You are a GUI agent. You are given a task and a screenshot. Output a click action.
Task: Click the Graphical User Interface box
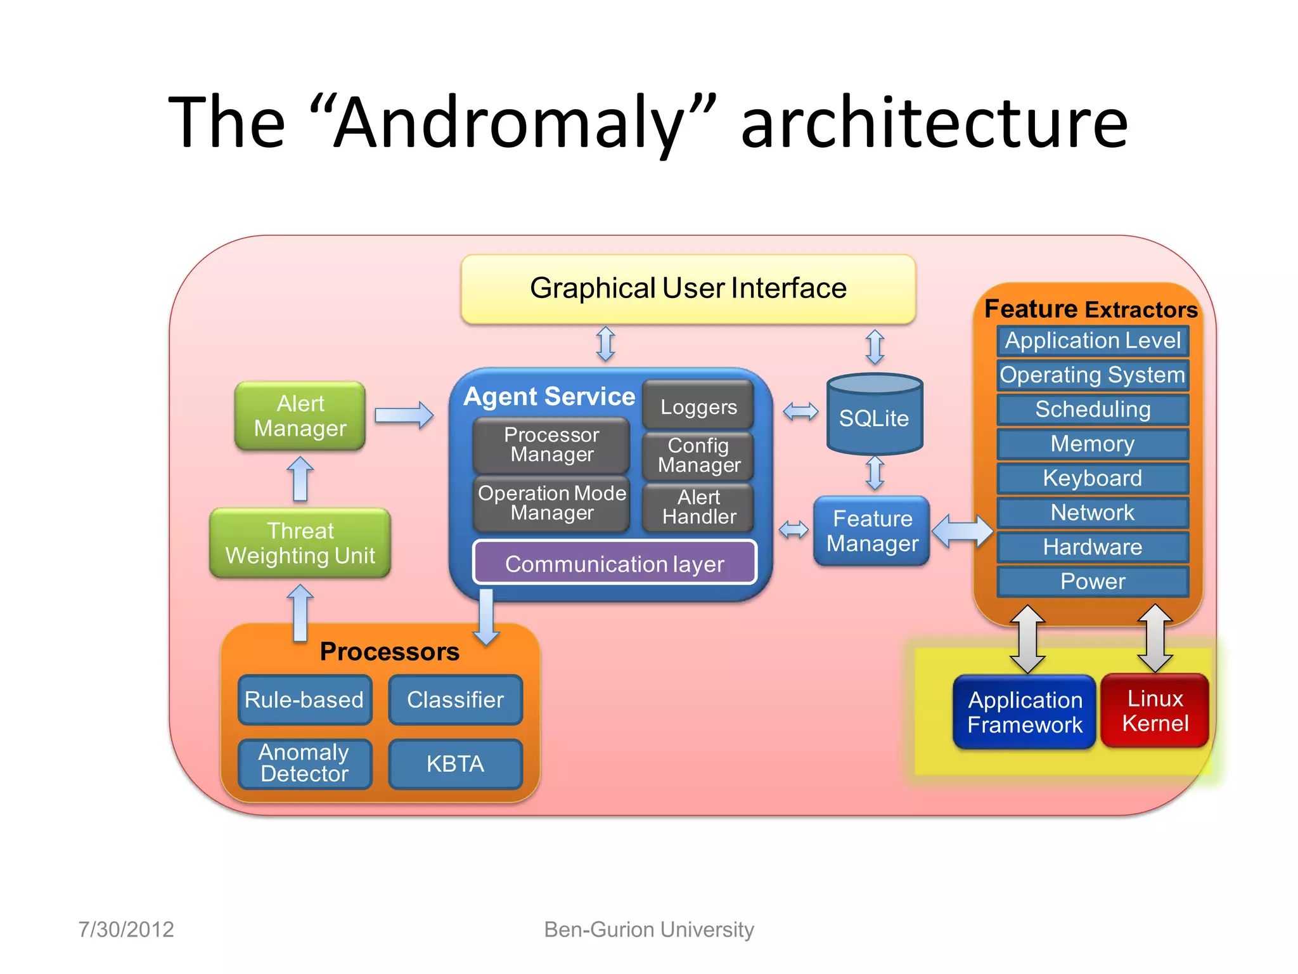pos(688,289)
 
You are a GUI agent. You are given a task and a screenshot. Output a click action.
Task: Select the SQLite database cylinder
pos(874,415)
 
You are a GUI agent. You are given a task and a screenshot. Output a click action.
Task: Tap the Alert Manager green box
pos(300,416)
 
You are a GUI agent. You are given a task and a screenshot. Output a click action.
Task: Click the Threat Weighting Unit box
pos(300,543)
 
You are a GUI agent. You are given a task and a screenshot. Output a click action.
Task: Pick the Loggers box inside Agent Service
pos(698,406)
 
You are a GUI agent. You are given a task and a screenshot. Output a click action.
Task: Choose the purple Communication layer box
pos(614,563)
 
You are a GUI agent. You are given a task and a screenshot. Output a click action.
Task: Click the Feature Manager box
pos(871,531)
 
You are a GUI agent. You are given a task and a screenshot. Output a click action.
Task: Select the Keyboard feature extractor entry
pos(1092,478)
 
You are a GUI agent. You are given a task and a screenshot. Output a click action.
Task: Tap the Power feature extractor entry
pos(1092,581)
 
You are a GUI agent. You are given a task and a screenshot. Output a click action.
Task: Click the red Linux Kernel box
pos(1155,711)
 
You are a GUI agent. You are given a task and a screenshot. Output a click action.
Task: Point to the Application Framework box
pos(1024,712)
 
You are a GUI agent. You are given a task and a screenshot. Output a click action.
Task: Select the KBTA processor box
pos(455,764)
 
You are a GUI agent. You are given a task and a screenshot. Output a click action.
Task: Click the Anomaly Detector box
pos(304,763)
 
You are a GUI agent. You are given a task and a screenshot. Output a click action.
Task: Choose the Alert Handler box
pos(698,507)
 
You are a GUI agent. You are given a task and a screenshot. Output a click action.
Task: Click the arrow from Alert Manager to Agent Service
pos(404,415)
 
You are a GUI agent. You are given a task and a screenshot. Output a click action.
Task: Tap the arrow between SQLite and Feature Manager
pos(875,474)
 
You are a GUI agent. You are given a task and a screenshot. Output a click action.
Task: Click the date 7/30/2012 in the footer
pos(126,930)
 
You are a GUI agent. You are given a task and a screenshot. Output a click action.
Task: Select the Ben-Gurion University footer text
pos(648,930)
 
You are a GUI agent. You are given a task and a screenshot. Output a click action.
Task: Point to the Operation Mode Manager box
pos(551,503)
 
